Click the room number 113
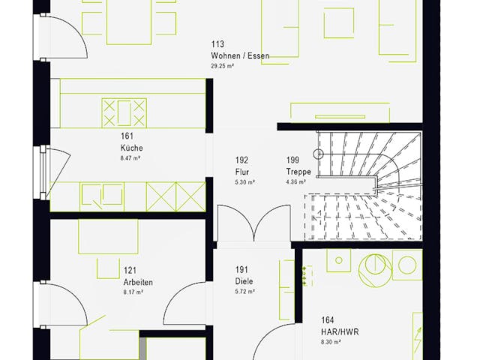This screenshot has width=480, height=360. click(218, 44)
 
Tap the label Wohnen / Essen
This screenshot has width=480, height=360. click(240, 55)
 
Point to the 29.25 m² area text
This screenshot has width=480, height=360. click(223, 66)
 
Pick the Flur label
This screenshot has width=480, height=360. click(241, 172)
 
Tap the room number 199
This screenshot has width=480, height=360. click(292, 160)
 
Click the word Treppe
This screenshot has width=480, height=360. click(297, 172)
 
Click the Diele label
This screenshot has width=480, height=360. click(244, 281)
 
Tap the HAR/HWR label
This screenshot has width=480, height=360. click(336, 330)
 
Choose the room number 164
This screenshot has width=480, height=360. click(327, 319)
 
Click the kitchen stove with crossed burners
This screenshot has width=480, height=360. click(124, 112)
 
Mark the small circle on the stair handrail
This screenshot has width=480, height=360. click(318, 154)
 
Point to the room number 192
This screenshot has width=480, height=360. click(241, 160)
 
